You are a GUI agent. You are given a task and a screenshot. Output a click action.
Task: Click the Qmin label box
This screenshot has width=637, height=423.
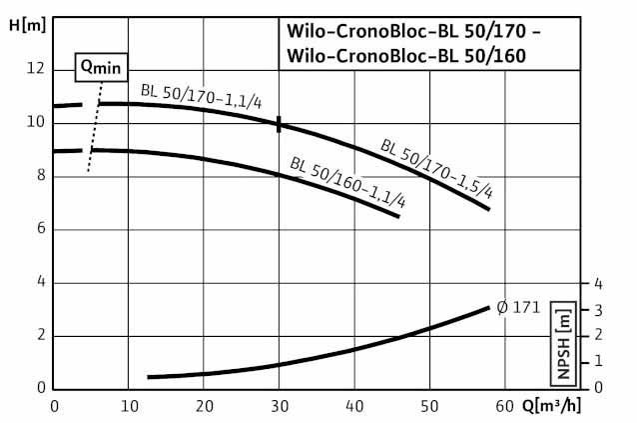click(100, 67)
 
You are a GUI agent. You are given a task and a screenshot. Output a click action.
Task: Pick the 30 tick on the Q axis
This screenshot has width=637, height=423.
click(280, 406)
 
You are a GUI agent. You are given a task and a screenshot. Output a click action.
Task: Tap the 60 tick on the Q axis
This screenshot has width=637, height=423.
click(504, 406)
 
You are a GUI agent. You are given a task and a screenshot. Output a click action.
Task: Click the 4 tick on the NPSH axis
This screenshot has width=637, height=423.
click(599, 283)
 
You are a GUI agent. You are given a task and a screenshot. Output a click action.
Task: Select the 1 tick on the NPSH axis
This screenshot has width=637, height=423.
click(599, 361)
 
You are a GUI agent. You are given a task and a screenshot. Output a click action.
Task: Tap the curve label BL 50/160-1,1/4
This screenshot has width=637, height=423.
click(348, 181)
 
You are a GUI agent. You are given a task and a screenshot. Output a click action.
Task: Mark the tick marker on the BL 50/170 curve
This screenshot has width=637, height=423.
click(280, 124)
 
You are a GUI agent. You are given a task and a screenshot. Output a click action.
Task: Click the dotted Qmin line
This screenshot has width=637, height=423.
click(94, 130)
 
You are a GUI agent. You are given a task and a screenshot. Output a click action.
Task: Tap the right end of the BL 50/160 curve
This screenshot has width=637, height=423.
click(398, 216)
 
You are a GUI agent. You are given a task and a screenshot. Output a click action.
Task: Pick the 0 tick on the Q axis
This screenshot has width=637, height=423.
click(55, 406)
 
